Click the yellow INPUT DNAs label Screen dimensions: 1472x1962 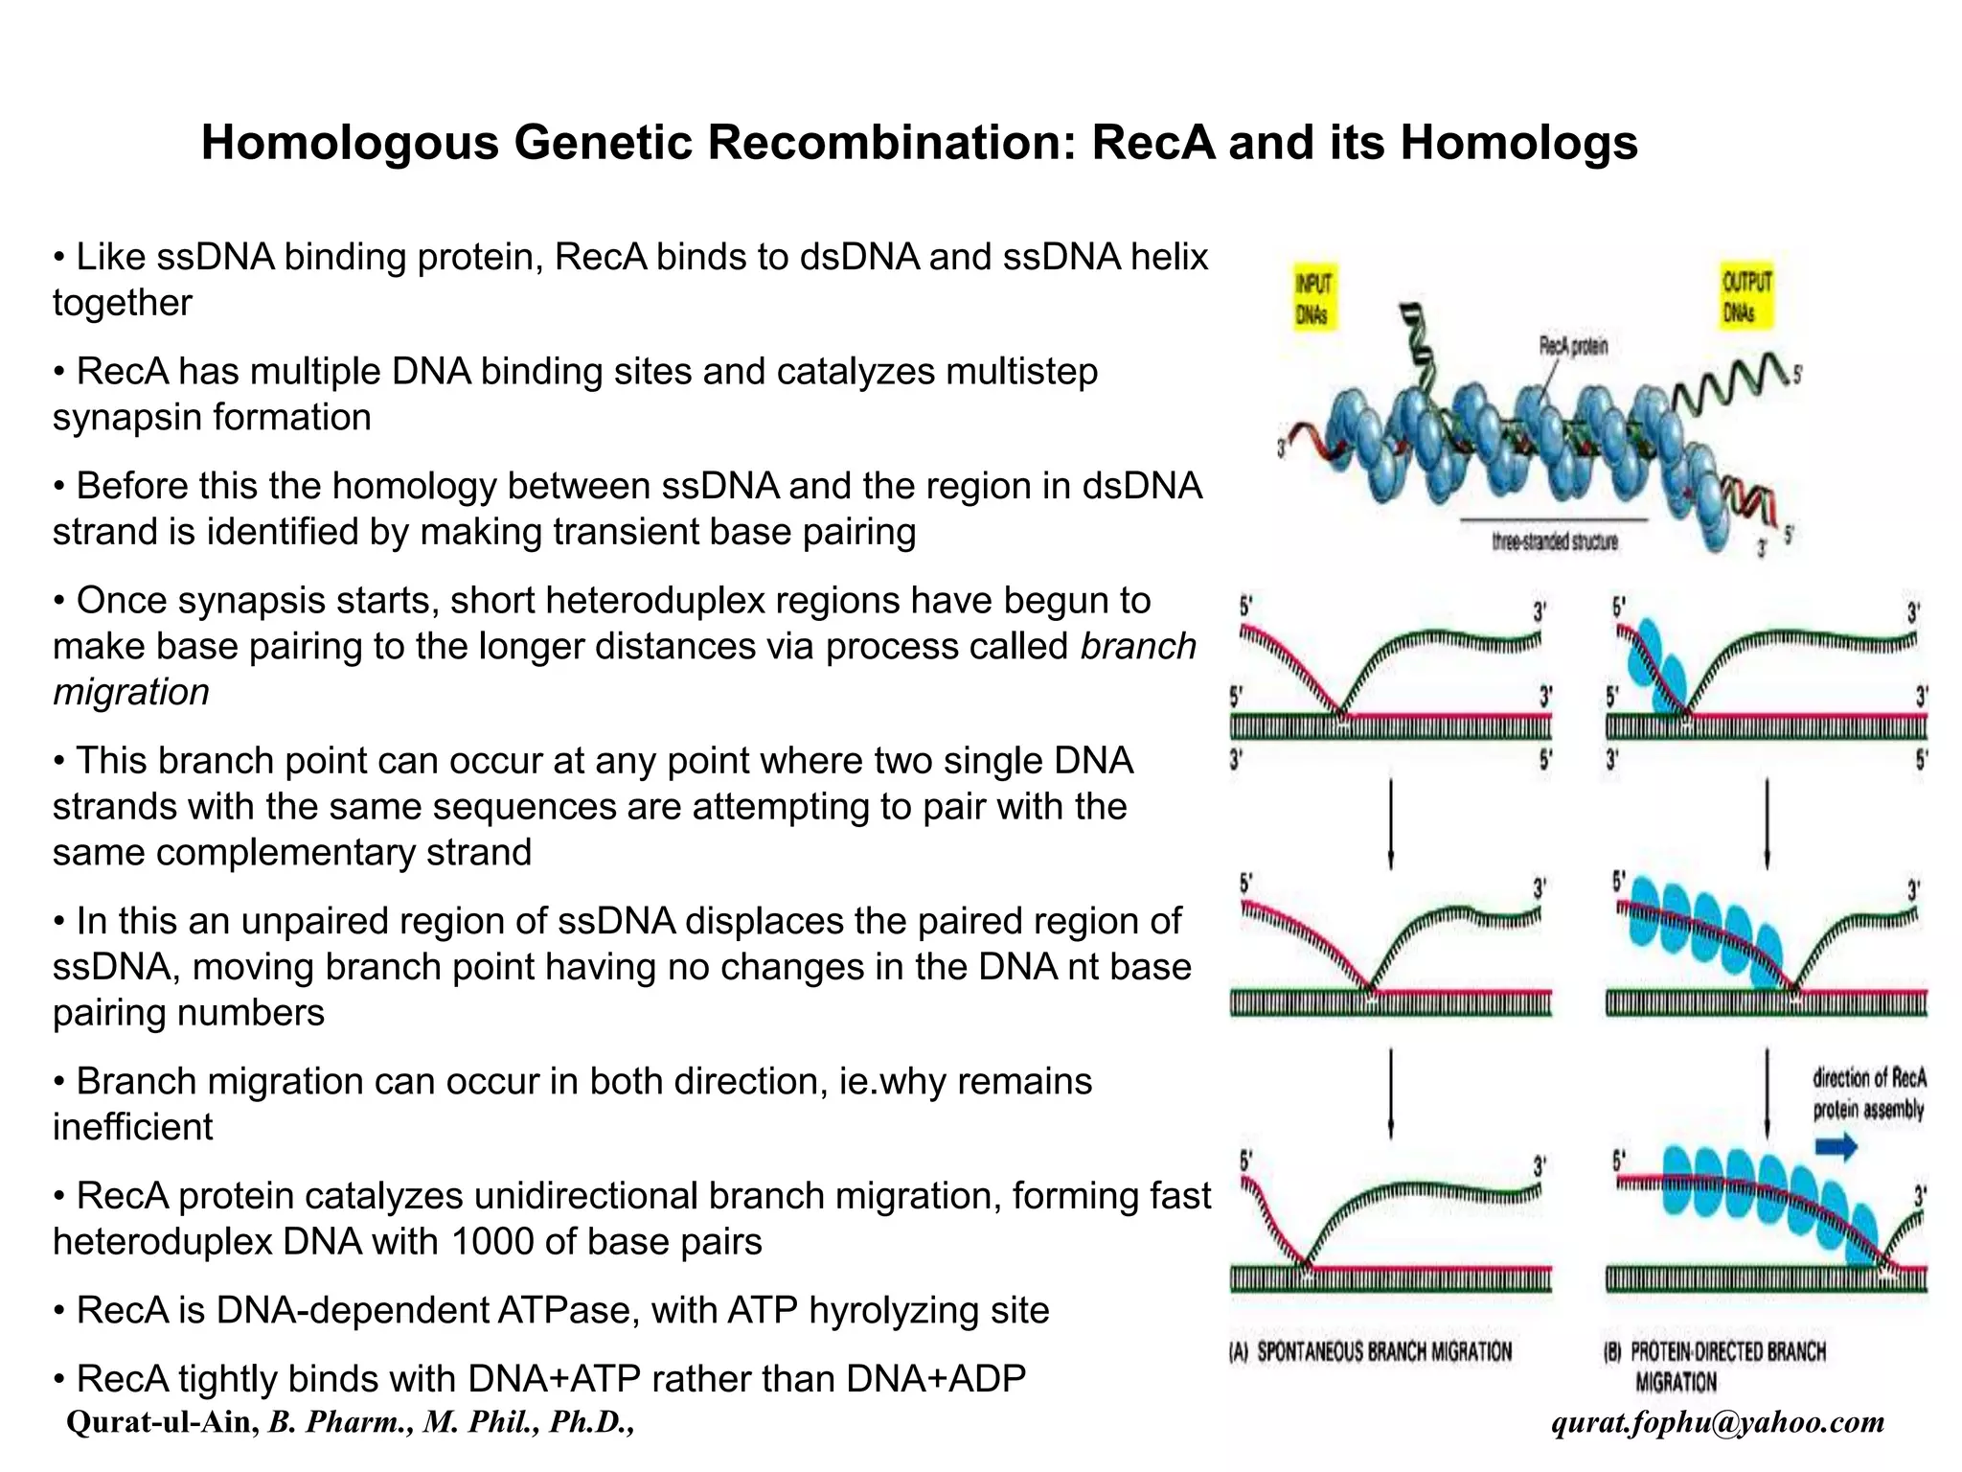pos(1313,297)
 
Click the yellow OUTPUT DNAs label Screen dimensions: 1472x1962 pos(1745,295)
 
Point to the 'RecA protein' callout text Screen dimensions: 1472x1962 pos(1572,346)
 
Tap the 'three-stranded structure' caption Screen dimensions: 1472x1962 pos(1554,541)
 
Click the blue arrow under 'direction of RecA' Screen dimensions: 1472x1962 pos(1836,1147)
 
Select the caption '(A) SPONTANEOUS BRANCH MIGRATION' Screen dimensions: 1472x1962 pos(1370,1352)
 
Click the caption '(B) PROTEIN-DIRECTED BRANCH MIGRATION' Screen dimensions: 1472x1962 pos(1715,1366)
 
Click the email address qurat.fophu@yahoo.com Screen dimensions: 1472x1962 pos(1718,1421)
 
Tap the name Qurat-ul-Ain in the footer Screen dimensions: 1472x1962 pos(163,1421)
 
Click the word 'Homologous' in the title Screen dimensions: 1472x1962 pos(350,143)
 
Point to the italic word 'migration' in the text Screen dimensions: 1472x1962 pos(131,692)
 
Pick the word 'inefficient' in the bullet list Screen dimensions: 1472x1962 pos(132,1127)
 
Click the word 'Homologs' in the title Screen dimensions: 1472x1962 pos(1518,143)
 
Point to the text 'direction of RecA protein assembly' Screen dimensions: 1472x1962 pos(1867,1093)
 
